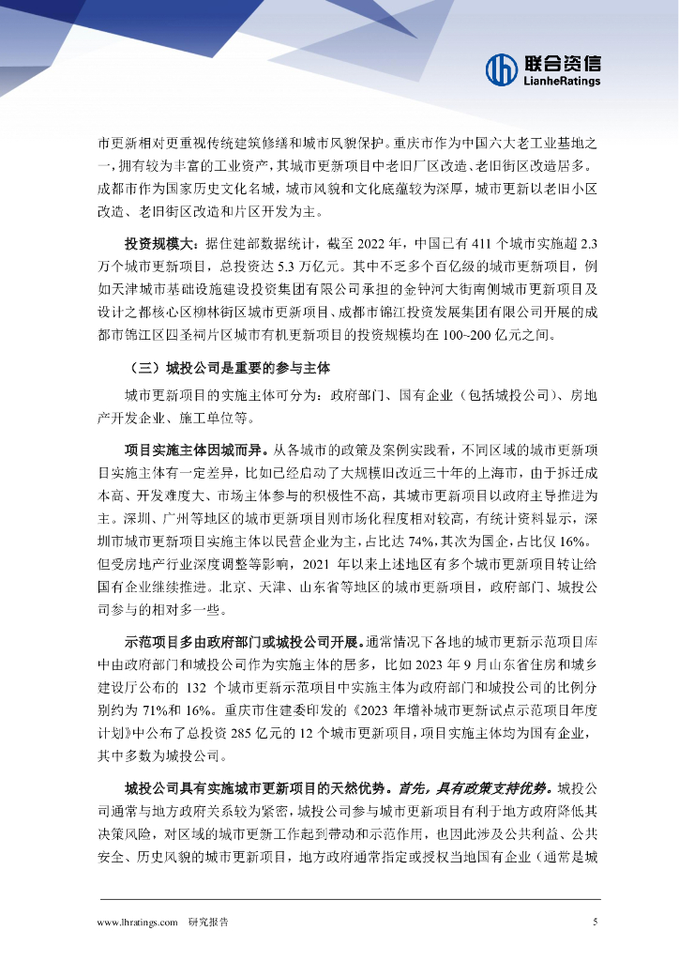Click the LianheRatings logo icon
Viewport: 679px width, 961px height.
501,69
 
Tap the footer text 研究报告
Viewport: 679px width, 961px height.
208,923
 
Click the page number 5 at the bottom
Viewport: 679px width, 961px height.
595,923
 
